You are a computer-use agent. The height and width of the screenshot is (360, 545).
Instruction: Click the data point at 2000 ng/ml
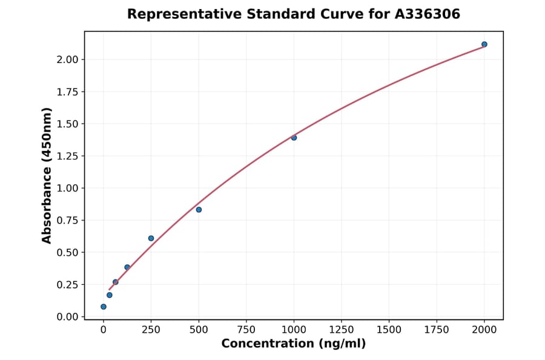(484, 44)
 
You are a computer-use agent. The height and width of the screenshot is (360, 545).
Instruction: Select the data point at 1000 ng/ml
(294, 138)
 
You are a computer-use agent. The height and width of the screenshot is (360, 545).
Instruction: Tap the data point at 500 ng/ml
(199, 210)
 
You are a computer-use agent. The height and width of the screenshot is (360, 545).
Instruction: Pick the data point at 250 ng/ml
(151, 238)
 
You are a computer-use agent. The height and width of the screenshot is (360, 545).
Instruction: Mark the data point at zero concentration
(104, 307)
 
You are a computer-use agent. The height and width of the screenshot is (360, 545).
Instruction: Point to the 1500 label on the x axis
(389, 329)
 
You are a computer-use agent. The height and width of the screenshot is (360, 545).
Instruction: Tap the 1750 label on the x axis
(437, 329)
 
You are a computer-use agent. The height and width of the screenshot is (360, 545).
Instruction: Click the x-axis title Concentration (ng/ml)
(294, 344)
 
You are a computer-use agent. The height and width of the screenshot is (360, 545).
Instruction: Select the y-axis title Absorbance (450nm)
(47, 175)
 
